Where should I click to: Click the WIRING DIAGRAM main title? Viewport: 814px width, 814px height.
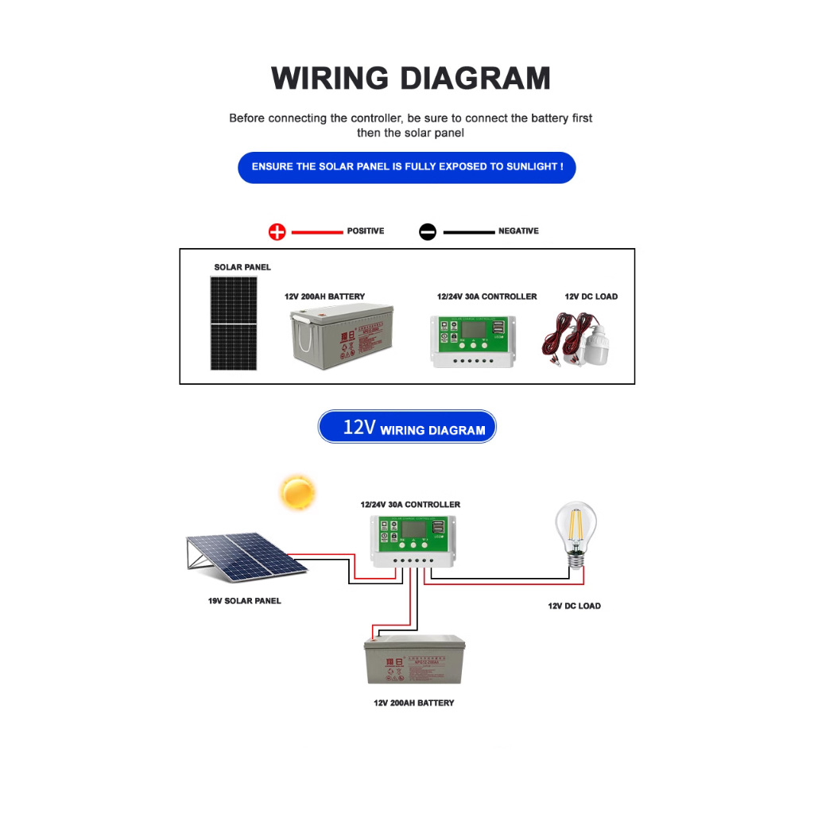tap(410, 79)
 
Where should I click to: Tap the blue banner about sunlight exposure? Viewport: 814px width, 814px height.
tap(407, 167)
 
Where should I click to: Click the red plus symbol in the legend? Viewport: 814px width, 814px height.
tap(277, 232)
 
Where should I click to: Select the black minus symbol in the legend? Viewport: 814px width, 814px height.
tap(428, 232)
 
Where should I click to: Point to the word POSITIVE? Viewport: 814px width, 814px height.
tap(366, 231)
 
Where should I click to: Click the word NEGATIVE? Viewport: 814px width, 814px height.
tap(518, 231)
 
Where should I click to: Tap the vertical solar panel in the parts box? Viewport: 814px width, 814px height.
tap(235, 323)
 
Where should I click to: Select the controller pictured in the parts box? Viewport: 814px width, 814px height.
tap(472, 341)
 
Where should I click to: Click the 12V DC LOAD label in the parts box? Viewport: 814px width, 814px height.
tap(591, 297)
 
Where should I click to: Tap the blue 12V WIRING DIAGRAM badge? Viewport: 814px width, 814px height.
tap(407, 427)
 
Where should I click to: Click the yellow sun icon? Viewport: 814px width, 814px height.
tap(298, 492)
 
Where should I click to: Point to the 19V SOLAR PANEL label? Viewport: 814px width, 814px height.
tap(244, 601)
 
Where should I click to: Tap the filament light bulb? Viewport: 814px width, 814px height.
tap(574, 533)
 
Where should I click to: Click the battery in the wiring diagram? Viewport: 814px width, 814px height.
tap(415, 660)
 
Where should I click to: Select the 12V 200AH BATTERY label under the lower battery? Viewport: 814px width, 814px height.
tap(414, 704)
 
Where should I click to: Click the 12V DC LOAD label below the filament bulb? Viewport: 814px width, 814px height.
tap(574, 606)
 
